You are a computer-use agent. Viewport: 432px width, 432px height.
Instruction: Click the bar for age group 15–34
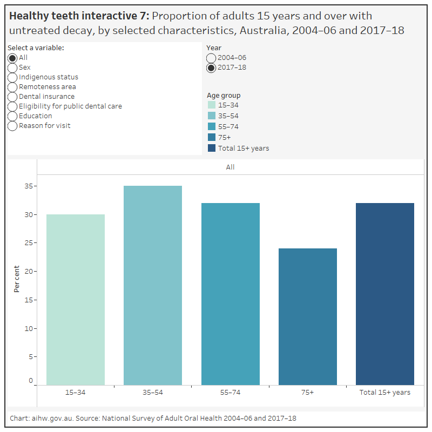[76, 300]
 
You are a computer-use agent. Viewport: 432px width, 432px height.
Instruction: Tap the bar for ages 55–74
[230, 294]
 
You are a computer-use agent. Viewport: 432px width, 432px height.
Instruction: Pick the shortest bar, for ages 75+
[307, 316]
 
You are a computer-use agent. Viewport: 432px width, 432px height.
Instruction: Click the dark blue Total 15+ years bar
[385, 294]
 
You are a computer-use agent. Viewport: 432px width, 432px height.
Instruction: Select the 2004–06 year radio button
[211, 58]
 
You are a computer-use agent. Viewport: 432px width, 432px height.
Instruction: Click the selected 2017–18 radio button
[211, 67]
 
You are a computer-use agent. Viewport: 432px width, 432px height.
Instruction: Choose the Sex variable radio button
[12, 67]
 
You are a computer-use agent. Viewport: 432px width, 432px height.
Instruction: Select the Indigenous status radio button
[12, 77]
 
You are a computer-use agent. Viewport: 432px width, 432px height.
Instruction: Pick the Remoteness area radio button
[12, 87]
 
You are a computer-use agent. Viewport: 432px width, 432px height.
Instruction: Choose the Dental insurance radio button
[12, 97]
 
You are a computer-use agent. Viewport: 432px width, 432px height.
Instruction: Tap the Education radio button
[12, 116]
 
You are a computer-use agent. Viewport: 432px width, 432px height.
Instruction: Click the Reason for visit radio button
[12, 126]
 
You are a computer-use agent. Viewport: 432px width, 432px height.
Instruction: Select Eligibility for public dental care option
[12, 106]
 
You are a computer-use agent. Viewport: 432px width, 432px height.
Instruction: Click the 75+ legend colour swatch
[212, 138]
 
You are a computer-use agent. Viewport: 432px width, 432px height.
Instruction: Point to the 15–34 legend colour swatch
[212, 105]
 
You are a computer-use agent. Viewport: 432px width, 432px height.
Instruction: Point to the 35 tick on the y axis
[29, 186]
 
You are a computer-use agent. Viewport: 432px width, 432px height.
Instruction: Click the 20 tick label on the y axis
[29, 272]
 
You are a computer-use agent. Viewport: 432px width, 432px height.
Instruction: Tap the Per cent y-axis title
[17, 279]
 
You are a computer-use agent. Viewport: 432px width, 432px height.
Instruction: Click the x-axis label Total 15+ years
[385, 393]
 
